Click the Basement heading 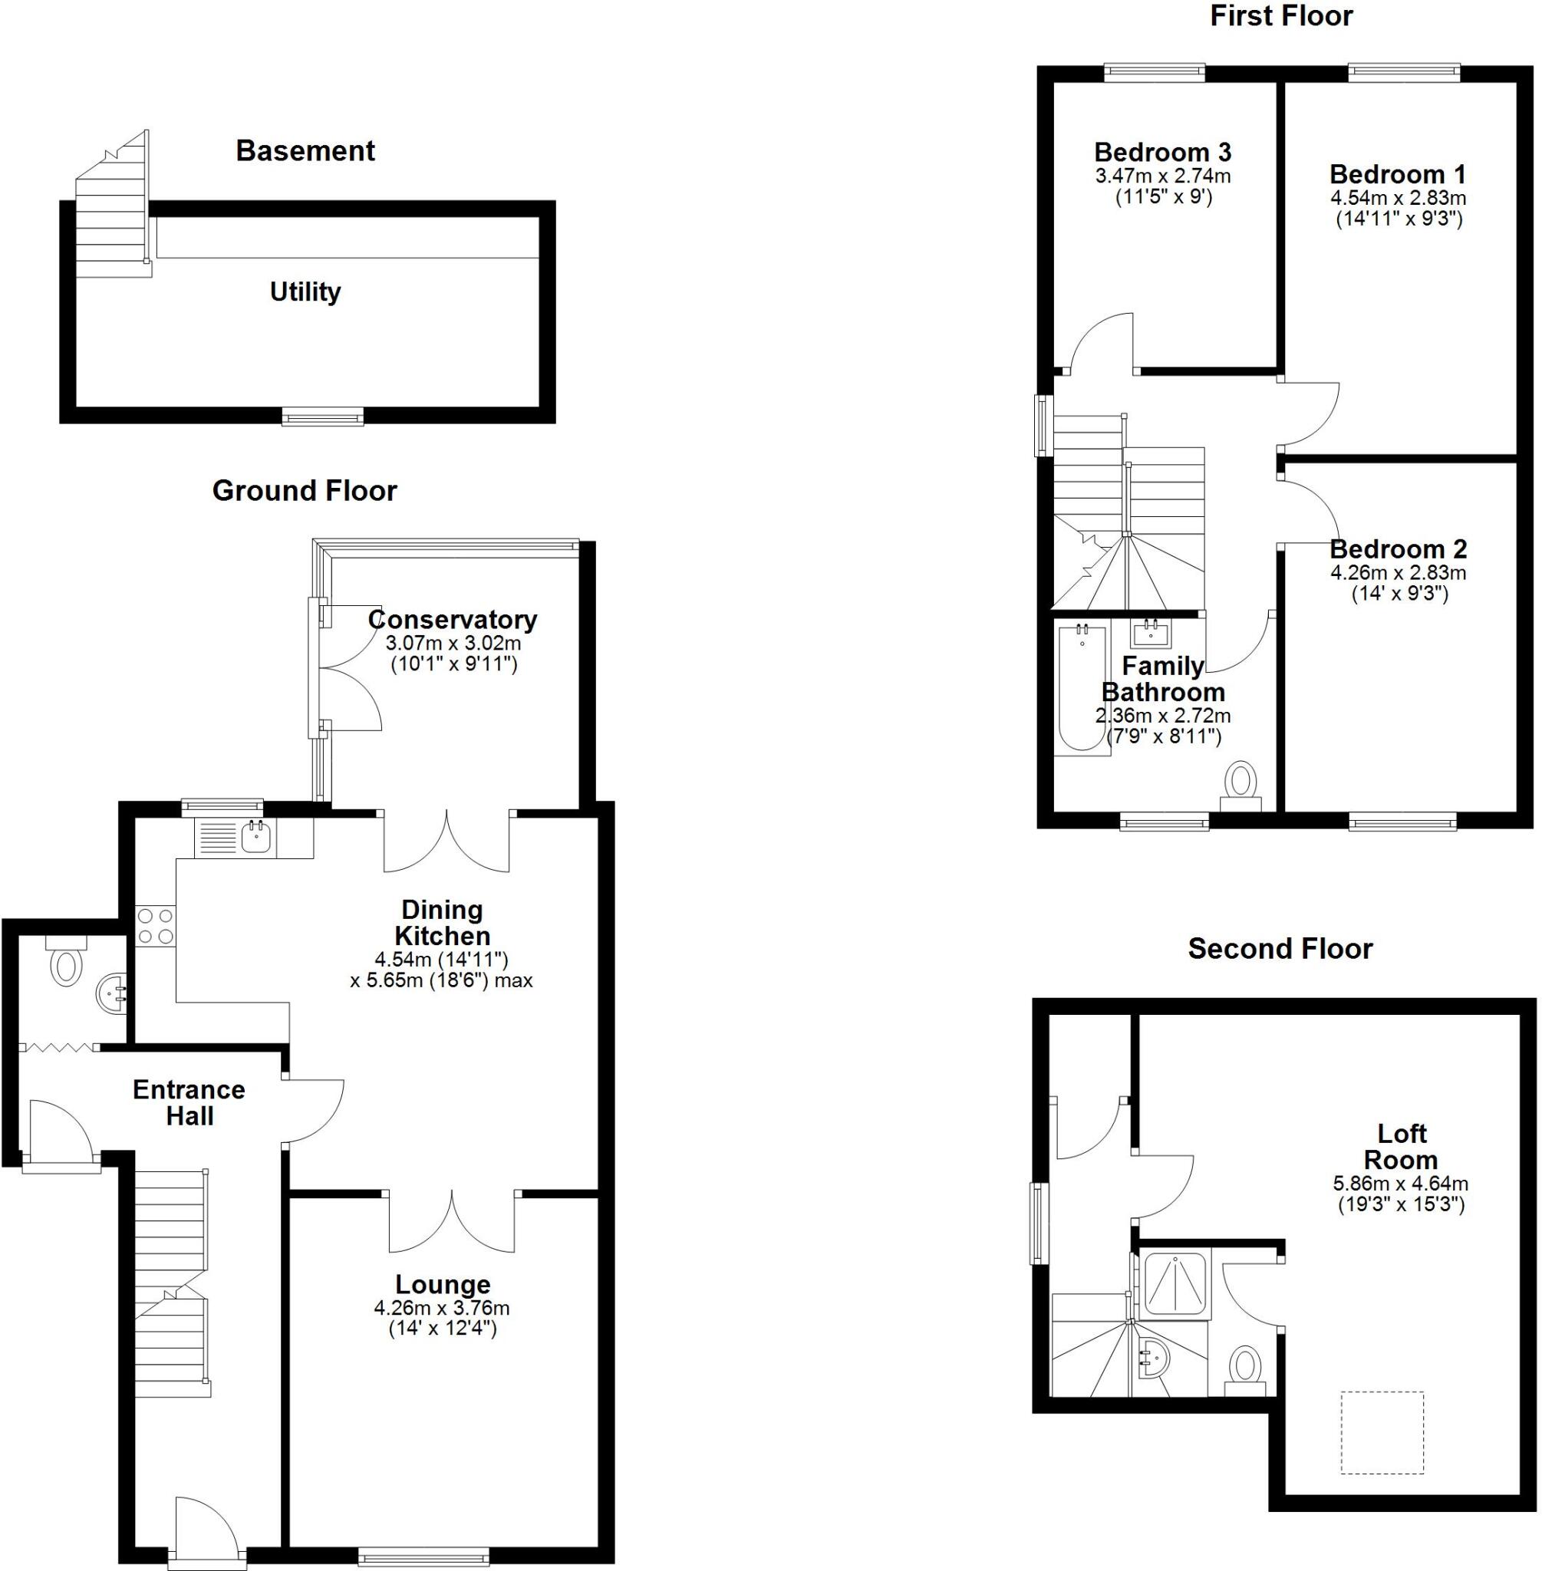305,151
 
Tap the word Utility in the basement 305,291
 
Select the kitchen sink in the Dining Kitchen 256,838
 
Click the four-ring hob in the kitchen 155,926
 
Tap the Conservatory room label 452,620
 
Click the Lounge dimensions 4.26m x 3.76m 441,1308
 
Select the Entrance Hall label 189,1102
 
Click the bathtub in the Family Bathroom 1082,690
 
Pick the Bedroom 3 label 1162,152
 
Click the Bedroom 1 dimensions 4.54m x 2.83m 1398,198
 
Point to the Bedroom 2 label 1398,549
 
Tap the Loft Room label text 1401,1147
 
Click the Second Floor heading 1280,949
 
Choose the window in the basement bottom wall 322,417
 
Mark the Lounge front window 423,1556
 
